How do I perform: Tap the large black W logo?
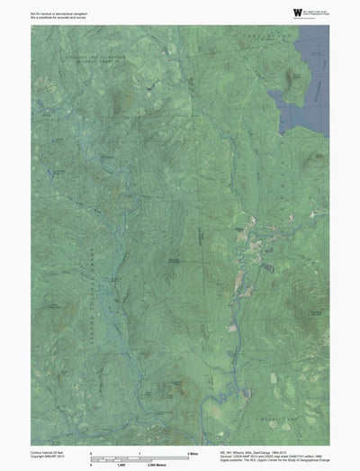[273, 11]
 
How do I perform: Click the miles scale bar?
[139, 455]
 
